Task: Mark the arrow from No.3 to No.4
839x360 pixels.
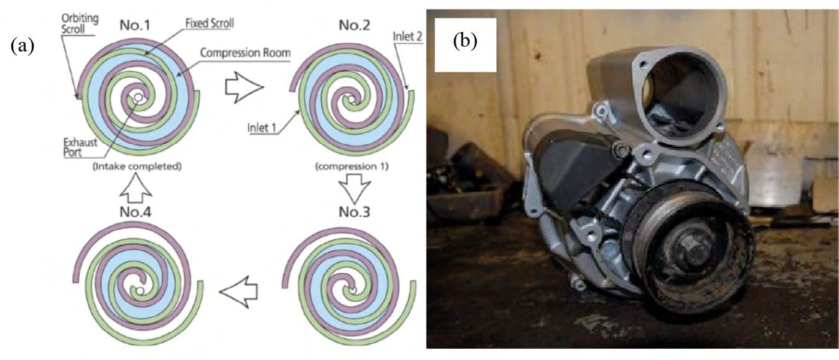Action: pos(239,292)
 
